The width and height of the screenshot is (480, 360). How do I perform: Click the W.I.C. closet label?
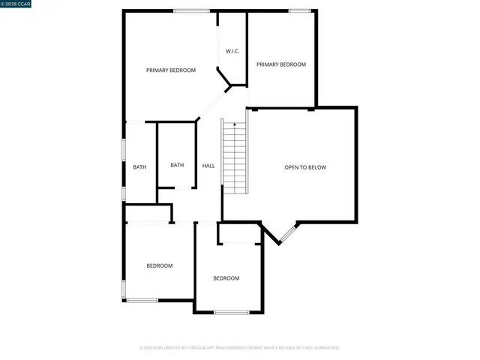click(x=232, y=51)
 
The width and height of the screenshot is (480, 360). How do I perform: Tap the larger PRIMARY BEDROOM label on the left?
click(x=171, y=70)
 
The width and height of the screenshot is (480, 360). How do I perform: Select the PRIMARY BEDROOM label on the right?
click(x=281, y=64)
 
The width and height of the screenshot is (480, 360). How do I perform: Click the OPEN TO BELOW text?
click(x=305, y=167)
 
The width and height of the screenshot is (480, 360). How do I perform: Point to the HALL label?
click(x=208, y=166)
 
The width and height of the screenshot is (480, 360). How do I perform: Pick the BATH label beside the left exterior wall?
click(x=139, y=167)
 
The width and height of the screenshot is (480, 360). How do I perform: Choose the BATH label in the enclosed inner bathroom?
click(x=177, y=165)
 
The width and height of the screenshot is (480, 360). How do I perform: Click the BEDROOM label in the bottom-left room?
click(x=160, y=265)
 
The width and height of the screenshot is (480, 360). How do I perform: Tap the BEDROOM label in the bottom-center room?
click(x=226, y=278)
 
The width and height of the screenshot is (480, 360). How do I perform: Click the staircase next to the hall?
click(x=235, y=157)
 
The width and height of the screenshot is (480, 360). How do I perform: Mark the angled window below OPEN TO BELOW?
click(x=287, y=234)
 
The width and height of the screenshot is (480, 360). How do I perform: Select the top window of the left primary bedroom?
click(x=191, y=10)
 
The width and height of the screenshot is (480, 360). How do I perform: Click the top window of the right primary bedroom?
click(x=300, y=10)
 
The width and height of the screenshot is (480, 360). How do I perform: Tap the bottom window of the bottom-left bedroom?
click(x=142, y=301)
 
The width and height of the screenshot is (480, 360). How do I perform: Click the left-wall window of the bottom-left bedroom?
click(x=124, y=289)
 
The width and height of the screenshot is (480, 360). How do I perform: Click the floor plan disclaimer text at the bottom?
click(x=240, y=348)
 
